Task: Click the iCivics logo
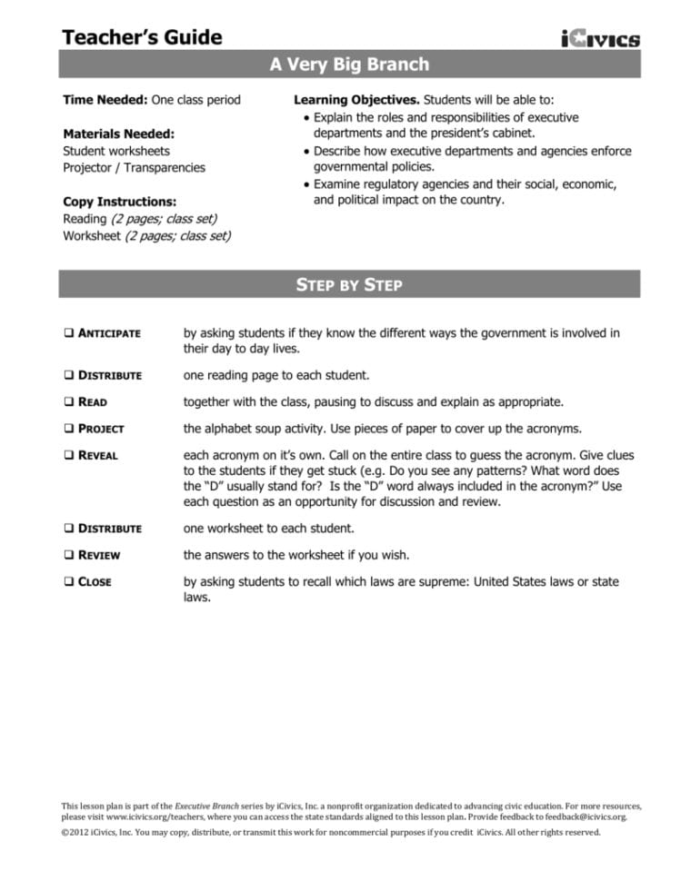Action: (x=600, y=38)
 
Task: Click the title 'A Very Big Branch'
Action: (x=349, y=64)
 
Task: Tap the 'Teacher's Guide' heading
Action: (x=142, y=37)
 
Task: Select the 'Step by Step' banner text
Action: (x=349, y=285)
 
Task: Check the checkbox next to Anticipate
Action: (x=68, y=333)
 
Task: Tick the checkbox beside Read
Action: (x=68, y=401)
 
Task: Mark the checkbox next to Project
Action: (x=68, y=429)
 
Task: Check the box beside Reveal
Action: (x=68, y=455)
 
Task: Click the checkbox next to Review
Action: (x=68, y=555)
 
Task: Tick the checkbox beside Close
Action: (x=68, y=581)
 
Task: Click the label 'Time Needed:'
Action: (x=105, y=100)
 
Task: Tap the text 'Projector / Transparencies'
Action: (x=134, y=168)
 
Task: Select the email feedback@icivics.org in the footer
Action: (x=588, y=817)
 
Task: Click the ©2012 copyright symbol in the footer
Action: (x=65, y=832)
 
